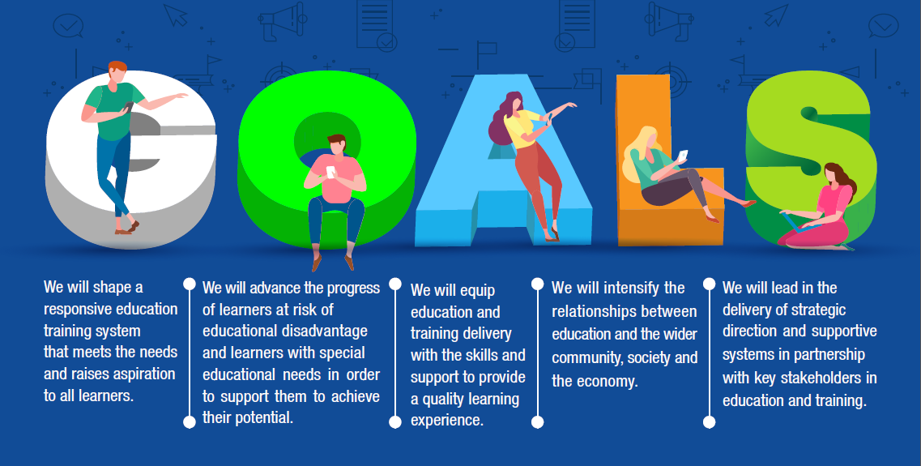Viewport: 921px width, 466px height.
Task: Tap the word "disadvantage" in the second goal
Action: [325, 331]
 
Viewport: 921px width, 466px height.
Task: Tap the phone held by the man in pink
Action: [330, 172]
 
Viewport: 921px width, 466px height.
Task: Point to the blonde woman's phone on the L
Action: [683, 155]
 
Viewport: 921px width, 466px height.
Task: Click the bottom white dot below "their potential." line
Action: [189, 422]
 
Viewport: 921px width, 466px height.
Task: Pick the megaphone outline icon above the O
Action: [281, 22]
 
